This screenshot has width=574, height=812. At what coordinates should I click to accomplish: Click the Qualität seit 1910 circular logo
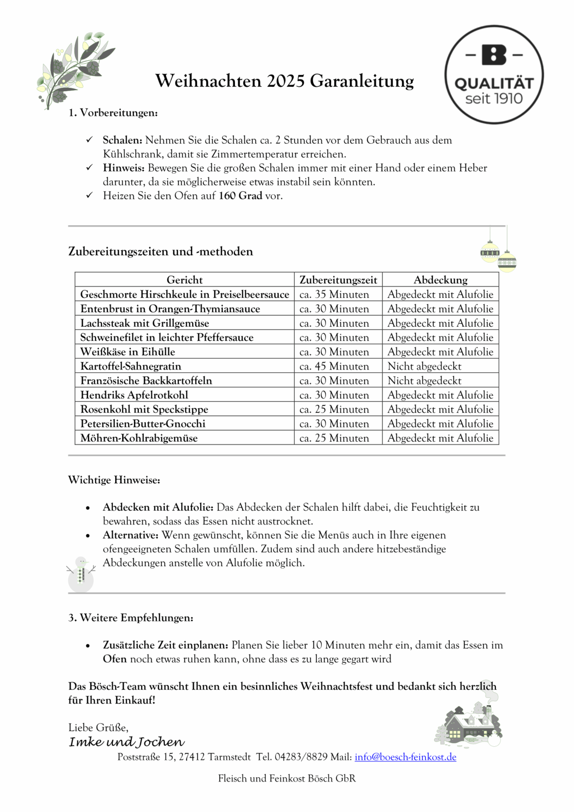[x=494, y=75]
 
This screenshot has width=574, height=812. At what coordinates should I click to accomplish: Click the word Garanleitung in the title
[x=362, y=81]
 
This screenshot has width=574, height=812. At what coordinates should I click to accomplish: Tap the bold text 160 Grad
[x=240, y=196]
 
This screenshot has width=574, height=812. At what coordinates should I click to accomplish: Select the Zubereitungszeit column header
[x=338, y=280]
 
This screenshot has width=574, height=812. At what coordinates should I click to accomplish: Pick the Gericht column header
[x=184, y=280]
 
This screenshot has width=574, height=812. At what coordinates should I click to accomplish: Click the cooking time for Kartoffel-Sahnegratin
[x=334, y=366]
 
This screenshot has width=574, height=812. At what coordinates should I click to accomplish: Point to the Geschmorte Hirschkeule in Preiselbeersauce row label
[x=184, y=294]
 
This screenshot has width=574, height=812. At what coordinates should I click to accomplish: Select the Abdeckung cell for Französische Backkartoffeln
[x=424, y=381]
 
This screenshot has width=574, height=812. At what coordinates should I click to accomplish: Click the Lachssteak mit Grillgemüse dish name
[x=145, y=323]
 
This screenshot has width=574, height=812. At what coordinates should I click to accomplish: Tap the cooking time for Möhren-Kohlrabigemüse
[x=334, y=438]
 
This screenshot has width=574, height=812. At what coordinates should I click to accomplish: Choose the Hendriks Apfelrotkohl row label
[x=134, y=395]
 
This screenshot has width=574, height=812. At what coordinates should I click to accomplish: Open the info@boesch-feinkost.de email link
[x=405, y=757]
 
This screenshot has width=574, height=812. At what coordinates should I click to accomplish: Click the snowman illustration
[x=81, y=574]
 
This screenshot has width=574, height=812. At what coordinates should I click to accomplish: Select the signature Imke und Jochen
[x=127, y=742]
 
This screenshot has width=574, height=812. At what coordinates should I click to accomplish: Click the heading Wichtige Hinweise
[x=114, y=480]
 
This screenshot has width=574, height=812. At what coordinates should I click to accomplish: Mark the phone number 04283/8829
[x=301, y=757]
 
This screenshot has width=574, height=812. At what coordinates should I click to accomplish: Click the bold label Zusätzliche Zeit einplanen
[x=165, y=645]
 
